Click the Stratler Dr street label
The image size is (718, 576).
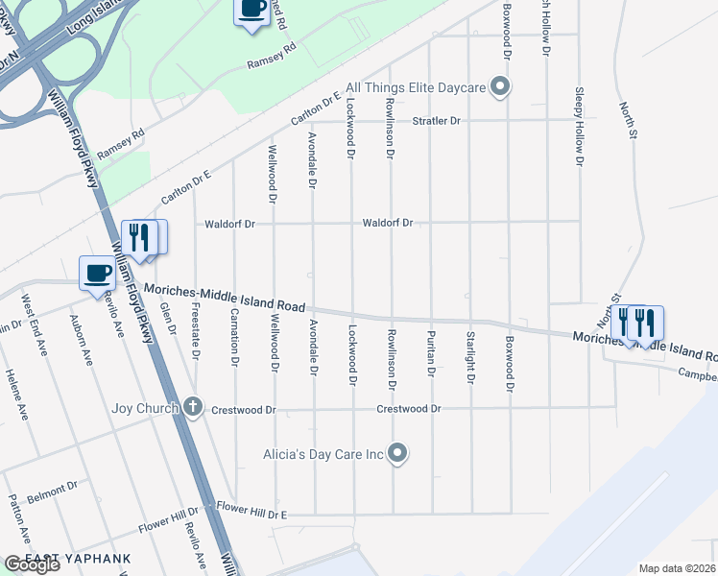(437, 121)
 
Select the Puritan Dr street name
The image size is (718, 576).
(431, 353)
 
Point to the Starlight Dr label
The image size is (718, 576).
(470, 357)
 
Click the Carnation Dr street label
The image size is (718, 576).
(233, 339)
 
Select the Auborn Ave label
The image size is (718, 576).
(85, 343)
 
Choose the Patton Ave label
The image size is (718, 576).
(14, 516)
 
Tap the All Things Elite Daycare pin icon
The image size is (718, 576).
(499, 88)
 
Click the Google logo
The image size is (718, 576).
(32, 564)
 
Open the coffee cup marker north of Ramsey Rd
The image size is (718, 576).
(251, 11)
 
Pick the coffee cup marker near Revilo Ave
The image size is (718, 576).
(97, 274)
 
